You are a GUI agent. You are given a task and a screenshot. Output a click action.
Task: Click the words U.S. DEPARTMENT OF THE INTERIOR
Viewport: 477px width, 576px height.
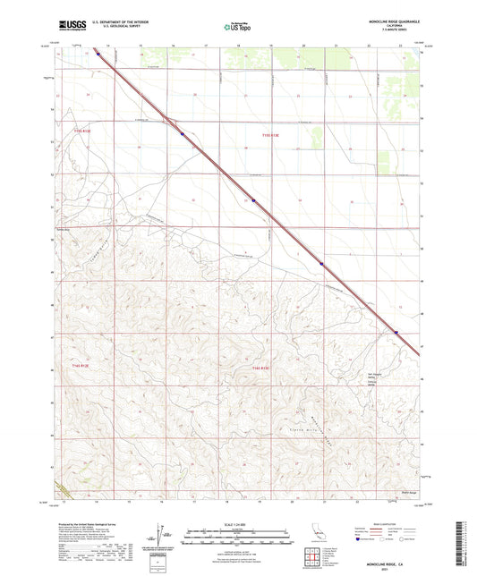[x=121, y=22]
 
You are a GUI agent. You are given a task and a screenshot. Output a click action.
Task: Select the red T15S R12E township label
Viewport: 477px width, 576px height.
[x=80, y=134]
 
